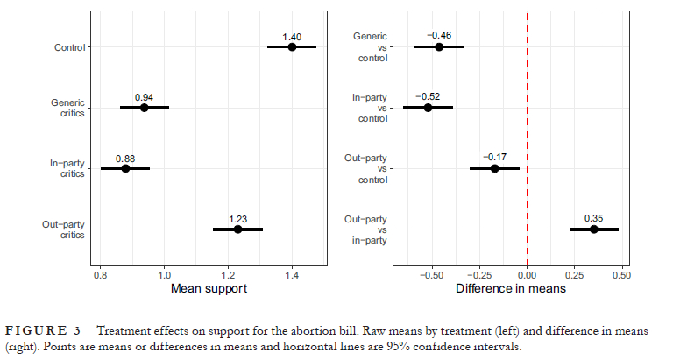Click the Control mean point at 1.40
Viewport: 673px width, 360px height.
[x=292, y=47]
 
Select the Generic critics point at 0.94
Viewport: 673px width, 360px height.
[x=145, y=108]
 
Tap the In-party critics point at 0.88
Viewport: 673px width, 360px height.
[x=125, y=168]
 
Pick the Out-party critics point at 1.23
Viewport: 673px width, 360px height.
[x=237, y=229]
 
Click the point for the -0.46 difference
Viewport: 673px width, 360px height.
[x=439, y=47]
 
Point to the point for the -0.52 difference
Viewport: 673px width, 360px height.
[x=428, y=108]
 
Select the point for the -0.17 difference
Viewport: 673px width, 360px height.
[x=494, y=168]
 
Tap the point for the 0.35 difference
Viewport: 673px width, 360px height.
[x=593, y=229]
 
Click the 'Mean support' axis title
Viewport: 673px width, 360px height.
[x=209, y=288]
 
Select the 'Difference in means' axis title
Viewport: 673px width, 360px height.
[x=511, y=288]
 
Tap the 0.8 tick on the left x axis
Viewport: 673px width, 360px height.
[x=100, y=273]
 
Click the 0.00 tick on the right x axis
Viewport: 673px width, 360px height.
[x=528, y=273]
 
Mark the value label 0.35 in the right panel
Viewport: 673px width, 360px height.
[x=593, y=218]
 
